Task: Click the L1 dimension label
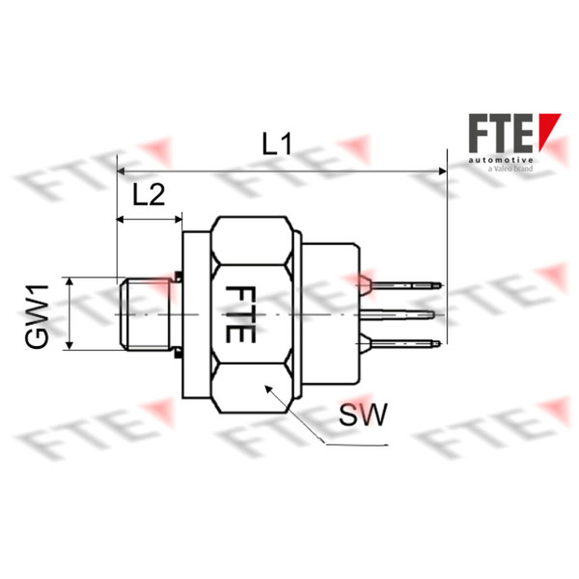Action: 277,144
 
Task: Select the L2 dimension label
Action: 149,195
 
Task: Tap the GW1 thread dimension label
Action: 37,316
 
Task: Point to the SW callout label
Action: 363,414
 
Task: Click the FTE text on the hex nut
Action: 240,314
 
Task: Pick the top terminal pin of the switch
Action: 405,285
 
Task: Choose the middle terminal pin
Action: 397,315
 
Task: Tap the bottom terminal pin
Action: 402,343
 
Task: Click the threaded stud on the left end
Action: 145,314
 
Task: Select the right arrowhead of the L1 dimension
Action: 442,171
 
